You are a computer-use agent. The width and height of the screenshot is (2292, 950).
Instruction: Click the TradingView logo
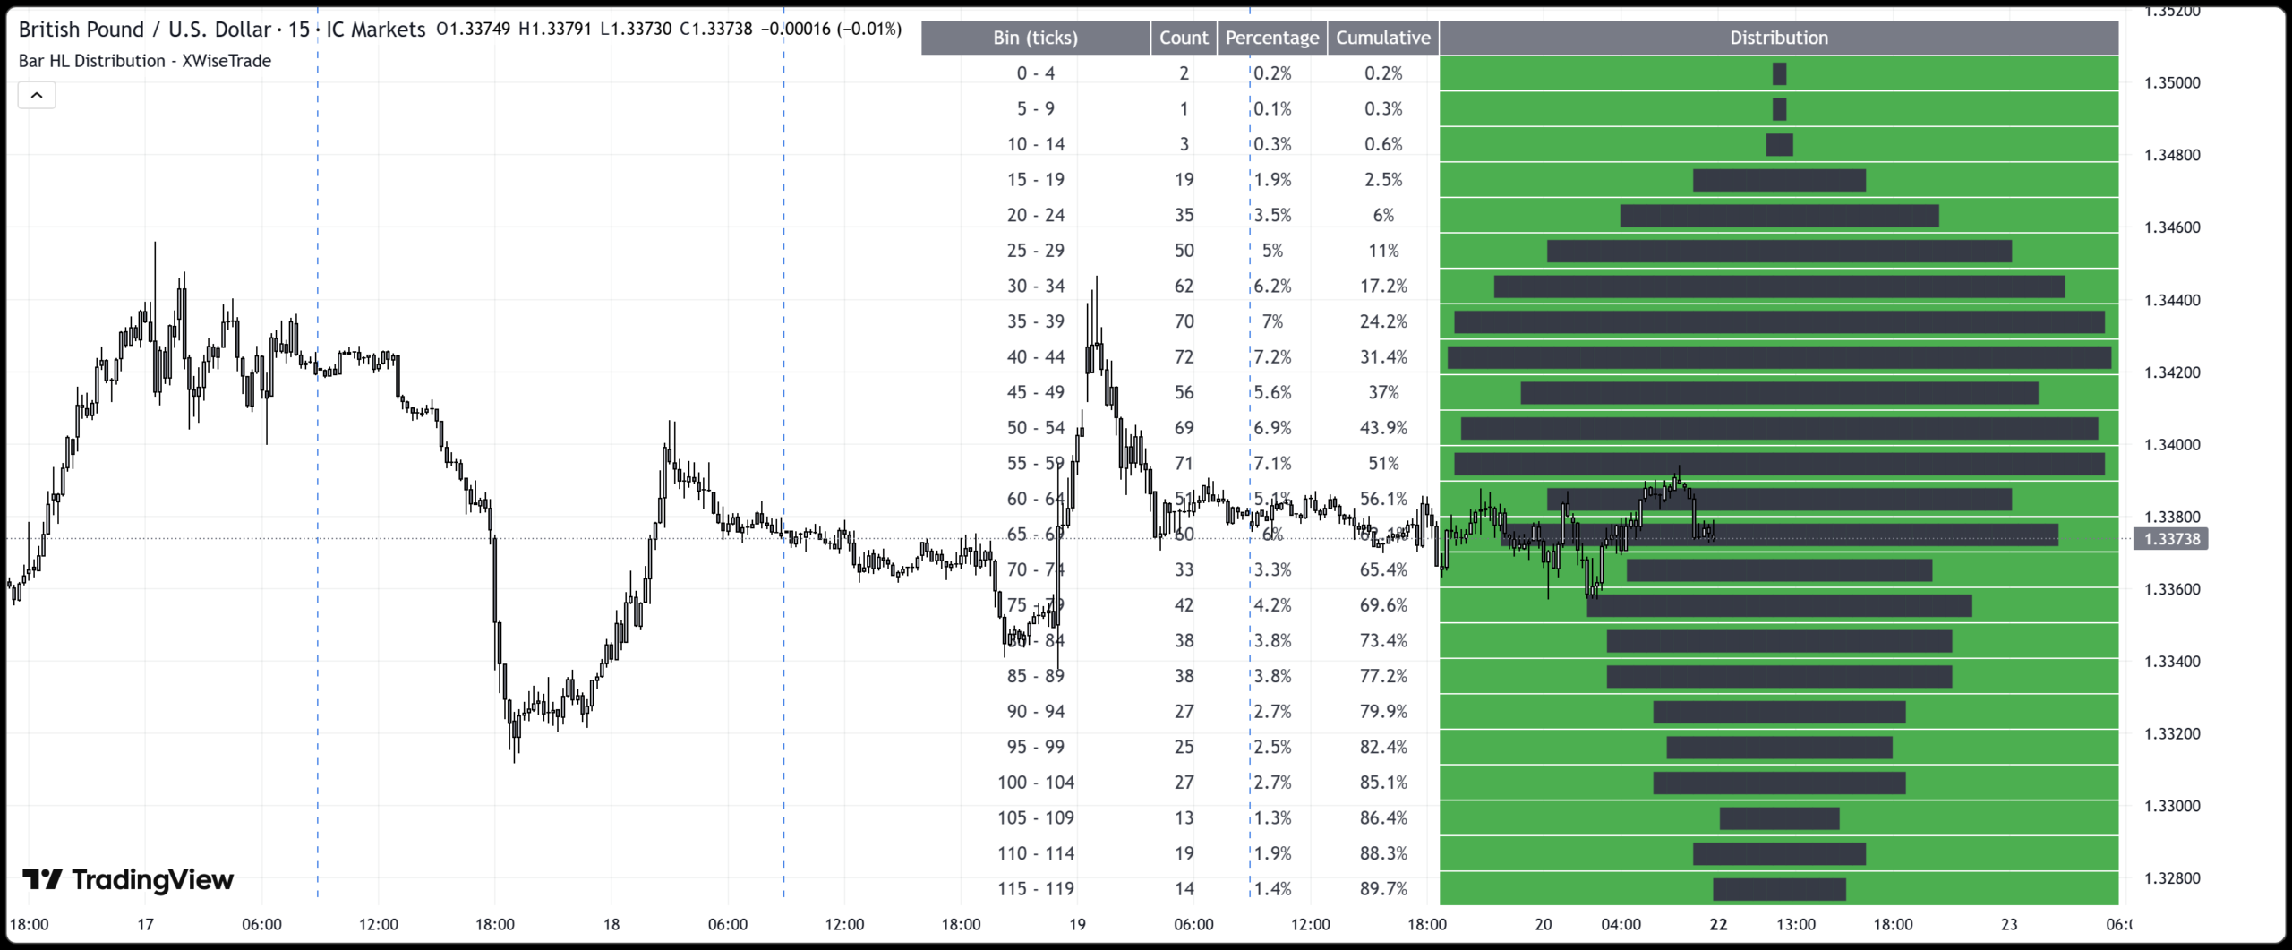[127, 880]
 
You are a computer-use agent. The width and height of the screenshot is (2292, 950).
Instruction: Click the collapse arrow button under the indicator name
[37, 95]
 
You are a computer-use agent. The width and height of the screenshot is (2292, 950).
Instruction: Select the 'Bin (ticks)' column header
[1035, 38]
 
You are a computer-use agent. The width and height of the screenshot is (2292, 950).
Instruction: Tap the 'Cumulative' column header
[1382, 38]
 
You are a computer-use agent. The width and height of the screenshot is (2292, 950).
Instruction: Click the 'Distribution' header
[1778, 38]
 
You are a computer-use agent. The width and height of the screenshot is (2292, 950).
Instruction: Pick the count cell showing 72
[1184, 357]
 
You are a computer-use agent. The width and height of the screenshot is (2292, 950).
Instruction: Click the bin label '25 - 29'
[1035, 251]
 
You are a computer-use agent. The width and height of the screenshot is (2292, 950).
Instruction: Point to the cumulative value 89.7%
[1382, 889]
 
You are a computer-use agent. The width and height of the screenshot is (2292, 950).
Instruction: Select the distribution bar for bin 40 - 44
[1778, 358]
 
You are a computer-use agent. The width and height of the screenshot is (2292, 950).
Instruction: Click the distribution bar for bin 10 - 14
[1779, 145]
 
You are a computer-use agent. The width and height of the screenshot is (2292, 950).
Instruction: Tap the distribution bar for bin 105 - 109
[1779, 818]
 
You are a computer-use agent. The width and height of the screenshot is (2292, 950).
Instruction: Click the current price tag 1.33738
[2171, 539]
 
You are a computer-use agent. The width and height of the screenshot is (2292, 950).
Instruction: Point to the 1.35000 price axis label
[2171, 83]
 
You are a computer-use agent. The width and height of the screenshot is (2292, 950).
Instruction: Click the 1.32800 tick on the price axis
[2171, 878]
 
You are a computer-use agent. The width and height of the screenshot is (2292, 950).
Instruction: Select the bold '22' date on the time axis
[1717, 925]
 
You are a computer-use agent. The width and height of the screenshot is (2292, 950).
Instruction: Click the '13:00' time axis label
[1795, 925]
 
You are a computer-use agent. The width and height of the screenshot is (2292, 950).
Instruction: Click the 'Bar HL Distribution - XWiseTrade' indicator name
[145, 61]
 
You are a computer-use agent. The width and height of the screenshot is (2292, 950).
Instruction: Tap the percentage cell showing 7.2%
[1271, 357]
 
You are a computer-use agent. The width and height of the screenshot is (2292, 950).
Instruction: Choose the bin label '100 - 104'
[1035, 783]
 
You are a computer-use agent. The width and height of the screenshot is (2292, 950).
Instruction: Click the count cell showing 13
[1184, 818]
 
